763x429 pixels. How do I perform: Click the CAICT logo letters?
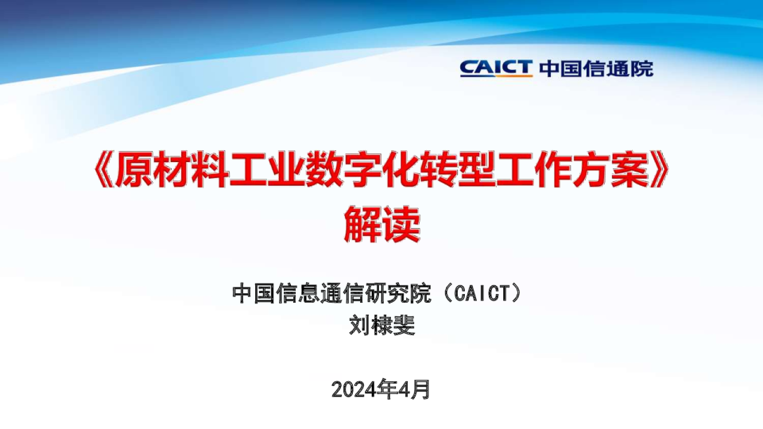(496, 68)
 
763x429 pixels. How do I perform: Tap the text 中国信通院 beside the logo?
(596, 68)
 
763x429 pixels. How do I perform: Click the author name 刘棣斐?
(381, 326)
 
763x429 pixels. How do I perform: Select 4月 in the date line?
(416, 388)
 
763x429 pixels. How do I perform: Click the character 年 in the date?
(389, 388)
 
